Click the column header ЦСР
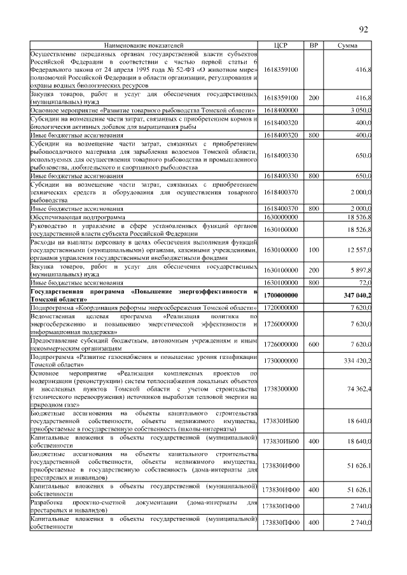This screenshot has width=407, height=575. [280, 46]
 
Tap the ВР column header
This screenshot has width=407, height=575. [313, 46]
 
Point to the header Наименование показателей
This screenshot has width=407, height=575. [144, 46]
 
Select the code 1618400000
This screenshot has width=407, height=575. [280, 110]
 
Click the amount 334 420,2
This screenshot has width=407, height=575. [357, 361]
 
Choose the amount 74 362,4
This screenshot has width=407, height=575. [359, 389]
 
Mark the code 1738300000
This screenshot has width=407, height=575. [280, 389]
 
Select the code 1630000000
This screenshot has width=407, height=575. [280, 216]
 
